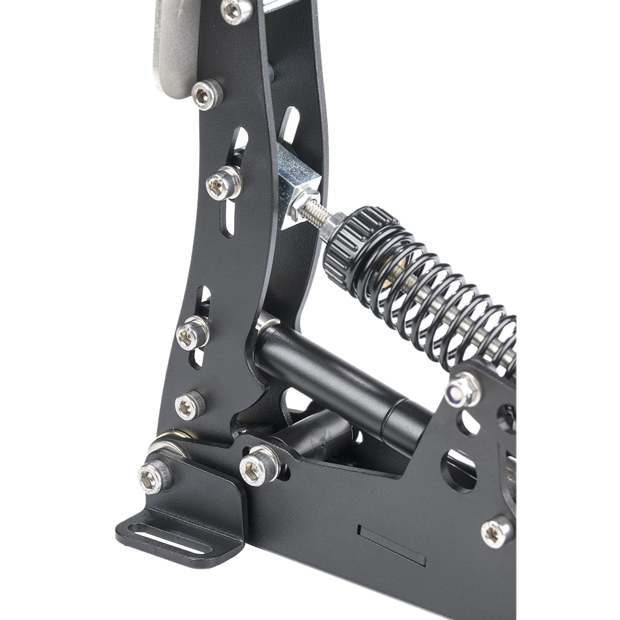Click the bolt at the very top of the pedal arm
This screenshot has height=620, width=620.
click(x=237, y=11)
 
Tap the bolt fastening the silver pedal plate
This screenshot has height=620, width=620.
click(x=206, y=95)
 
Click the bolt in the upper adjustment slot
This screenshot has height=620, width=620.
click(x=223, y=183)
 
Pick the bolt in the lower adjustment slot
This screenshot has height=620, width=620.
click(x=192, y=334)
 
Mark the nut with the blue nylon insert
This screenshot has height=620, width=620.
click(x=463, y=390)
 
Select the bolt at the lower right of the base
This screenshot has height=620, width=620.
click(x=497, y=532)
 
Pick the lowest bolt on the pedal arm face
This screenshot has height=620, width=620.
click(x=189, y=406)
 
